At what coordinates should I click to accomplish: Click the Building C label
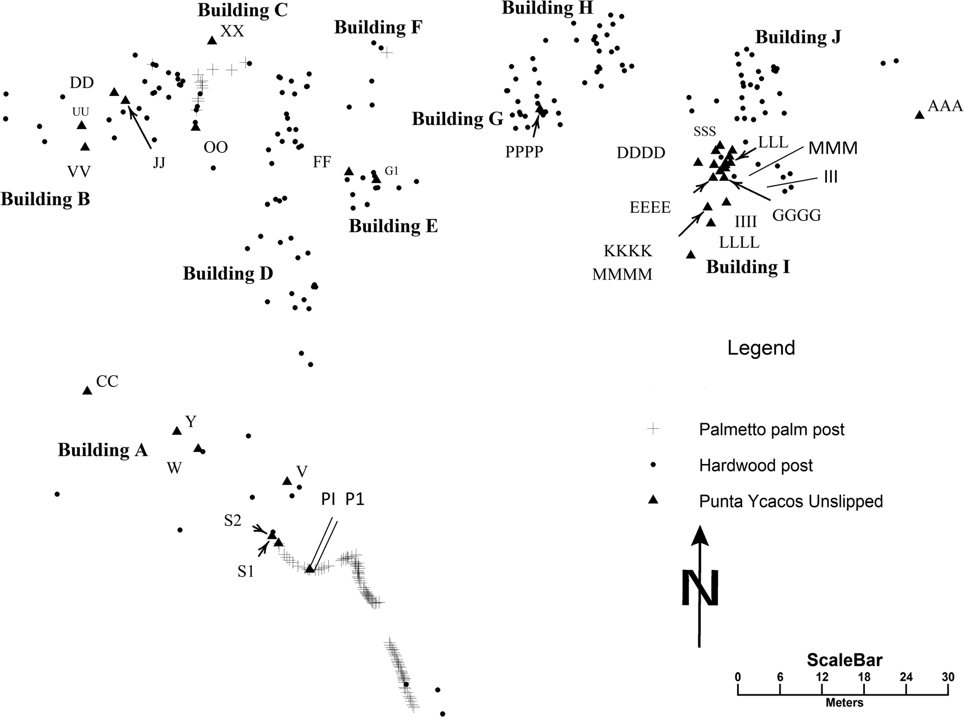[x=242, y=10]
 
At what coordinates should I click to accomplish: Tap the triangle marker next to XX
[x=212, y=40]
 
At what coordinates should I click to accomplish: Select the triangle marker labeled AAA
[x=919, y=115]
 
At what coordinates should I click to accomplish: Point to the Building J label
[x=798, y=37]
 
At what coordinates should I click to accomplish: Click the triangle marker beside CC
[x=87, y=391]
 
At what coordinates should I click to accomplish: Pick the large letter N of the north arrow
[x=700, y=588]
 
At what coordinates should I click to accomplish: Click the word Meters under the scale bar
[x=844, y=703]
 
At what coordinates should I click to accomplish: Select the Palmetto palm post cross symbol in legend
[x=653, y=429]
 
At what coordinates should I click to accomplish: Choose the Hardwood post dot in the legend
[x=653, y=465]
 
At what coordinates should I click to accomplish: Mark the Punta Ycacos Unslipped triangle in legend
[x=653, y=500]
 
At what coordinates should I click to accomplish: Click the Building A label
[x=102, y=450]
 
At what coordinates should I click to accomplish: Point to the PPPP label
[x=524, y=152]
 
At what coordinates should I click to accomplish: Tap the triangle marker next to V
[x=287, y=481]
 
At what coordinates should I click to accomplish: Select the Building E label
[x=393, y=226]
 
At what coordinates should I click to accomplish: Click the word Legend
[x=761, y=348]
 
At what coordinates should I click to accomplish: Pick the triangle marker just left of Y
[x=177, y=431]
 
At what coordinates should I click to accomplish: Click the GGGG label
[x=796, y=215]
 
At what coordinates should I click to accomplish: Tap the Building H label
[x=547, y=8]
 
